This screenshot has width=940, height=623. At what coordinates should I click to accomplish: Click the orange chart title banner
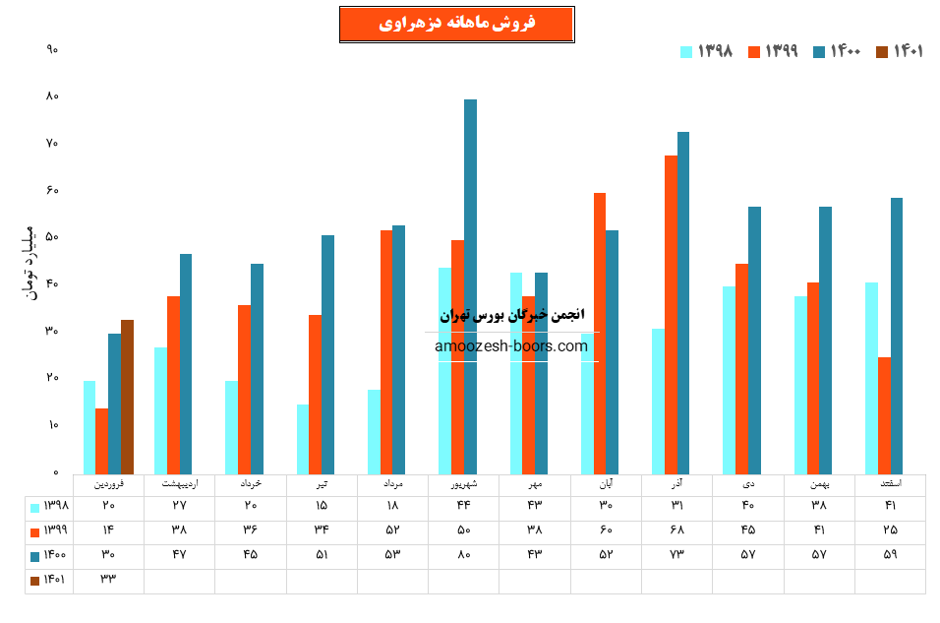pyautogui.click(x=456, y=25)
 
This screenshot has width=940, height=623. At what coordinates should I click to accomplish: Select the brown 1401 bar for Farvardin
pyautogui.click(x=127, y=397)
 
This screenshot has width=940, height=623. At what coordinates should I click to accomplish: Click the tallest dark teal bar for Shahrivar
pyautogui.click(x=470, y=285)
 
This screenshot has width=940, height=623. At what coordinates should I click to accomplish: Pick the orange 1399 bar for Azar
pyautogui.click(x=671, y=314)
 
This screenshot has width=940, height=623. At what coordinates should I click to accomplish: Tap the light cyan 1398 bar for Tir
pyautogui.click(x=303, y=439)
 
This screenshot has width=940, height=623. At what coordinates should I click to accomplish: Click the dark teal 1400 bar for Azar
pyautogui.click(x=683, y=302)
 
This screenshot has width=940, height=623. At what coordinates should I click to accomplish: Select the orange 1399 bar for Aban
pyautogui.click(x=600, y=333)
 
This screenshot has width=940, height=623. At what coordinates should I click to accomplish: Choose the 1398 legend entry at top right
pyautogui.click(x=707, y=52)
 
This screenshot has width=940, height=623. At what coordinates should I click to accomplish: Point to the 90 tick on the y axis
pyautogui.click(x=52, y=49)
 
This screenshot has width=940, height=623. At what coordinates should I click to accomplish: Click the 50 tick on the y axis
pyautogui.click(x=52, y=237)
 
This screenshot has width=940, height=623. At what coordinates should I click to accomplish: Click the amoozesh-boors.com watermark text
pyautogui.click(x=511, y=346)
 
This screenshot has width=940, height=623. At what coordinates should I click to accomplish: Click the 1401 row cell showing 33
pyautogui.click(x=108, y=581)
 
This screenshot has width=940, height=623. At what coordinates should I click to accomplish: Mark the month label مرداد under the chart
pyautogui.click(x=392, y=484)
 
